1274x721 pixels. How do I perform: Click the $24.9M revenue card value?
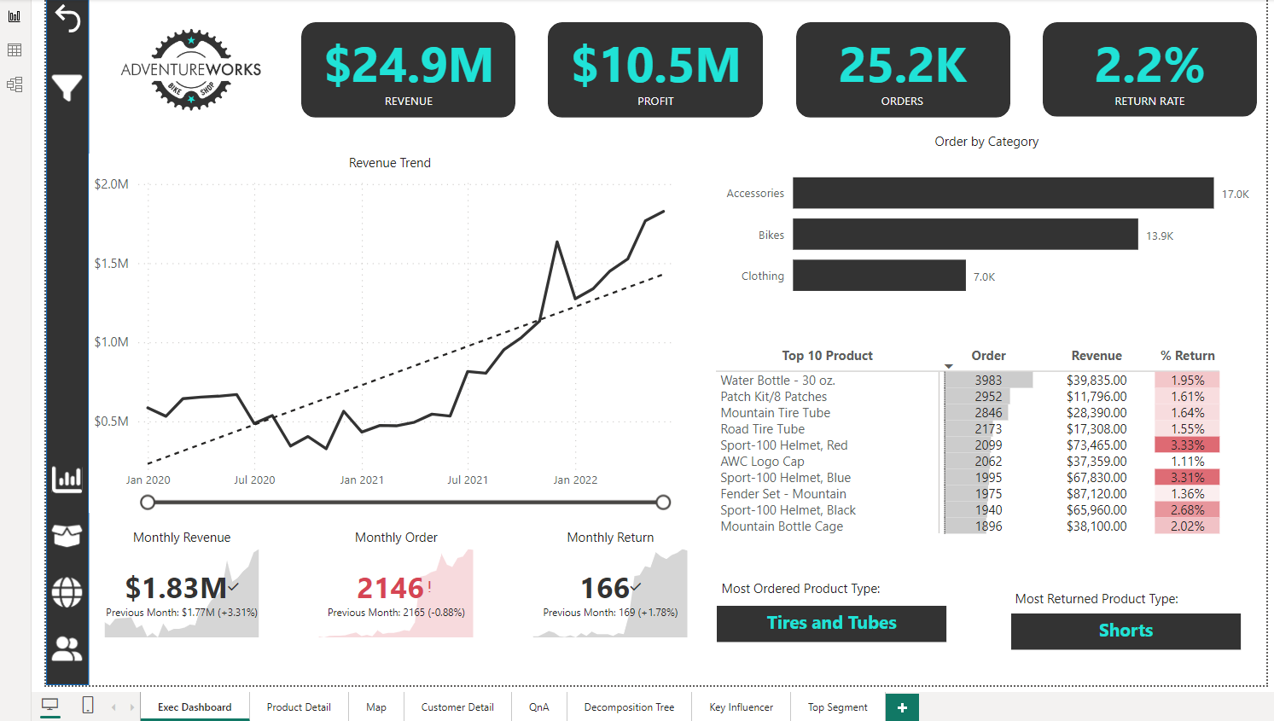(409, 66)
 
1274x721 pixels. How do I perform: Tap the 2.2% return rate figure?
(1149, 66)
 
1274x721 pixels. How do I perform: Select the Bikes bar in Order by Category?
(965, 235)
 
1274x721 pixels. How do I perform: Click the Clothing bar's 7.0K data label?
(984, 277)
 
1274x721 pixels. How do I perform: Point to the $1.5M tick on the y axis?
(112, 264)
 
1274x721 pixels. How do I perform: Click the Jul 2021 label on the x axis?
(468, 480)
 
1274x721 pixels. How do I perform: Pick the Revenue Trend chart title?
(390, 163)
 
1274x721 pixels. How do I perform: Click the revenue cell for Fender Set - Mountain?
(1097, 494)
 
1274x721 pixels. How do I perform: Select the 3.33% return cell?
(1187, 445)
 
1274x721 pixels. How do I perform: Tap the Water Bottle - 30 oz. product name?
(777, 381)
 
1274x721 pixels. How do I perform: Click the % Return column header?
(1187, 356)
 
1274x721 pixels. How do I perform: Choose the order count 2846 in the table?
(988, 413)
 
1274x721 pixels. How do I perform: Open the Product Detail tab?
(299, 707)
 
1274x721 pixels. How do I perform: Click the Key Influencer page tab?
(741, 707)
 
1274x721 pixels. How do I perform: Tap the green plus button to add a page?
(902, 707)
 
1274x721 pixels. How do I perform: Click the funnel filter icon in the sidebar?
(67, 87)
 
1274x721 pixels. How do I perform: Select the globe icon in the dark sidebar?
(67, 592)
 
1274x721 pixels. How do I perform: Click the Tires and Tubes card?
(831, 624)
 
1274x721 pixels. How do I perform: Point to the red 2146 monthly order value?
(390, 588)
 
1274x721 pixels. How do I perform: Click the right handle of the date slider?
(663, 503)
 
